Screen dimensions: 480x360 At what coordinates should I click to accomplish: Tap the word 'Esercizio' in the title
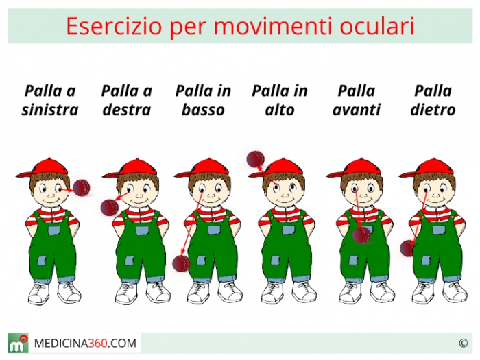click(114, 26)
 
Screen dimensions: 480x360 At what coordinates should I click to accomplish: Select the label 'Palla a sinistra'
click(50, 100)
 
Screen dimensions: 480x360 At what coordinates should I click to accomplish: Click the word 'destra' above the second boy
click(127, 110)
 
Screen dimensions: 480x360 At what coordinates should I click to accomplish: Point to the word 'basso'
click(203, 110)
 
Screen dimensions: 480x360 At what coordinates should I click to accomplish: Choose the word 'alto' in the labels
click(280, 110)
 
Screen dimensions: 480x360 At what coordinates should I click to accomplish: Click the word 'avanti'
click(357, 110)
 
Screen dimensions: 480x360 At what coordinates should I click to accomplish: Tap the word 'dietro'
click(433, 110)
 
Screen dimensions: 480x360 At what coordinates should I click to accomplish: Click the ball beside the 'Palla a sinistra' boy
click(82, 188)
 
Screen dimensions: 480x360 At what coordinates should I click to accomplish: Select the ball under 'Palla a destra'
click(109, 208)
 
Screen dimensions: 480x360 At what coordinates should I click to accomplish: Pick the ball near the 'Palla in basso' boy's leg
click(181, 263)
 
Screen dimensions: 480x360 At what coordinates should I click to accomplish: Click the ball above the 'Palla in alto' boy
click(255, 159)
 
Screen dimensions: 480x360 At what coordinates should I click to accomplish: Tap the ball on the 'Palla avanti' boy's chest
click(361, 235)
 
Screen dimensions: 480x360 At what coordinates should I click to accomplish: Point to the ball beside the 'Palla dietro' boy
click(407, 248)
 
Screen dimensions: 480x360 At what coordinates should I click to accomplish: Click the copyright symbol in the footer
click(463, 343)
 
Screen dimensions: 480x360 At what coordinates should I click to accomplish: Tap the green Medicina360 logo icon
click(18, 343)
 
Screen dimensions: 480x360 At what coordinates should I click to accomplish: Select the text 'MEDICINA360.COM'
click(86, 343)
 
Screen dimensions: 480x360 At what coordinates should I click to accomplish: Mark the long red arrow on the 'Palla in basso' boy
click(191, 223)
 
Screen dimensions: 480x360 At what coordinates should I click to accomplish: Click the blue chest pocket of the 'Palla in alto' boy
click(289, 230)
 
